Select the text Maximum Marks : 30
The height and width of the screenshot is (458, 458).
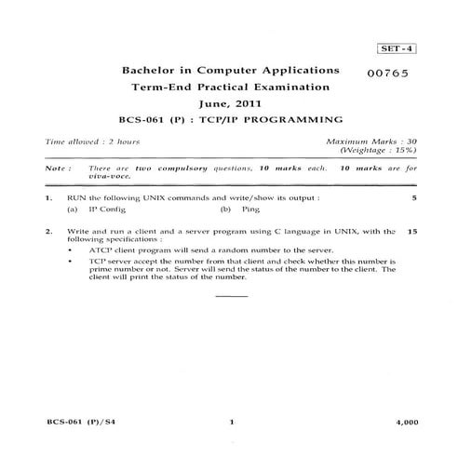point(370,141)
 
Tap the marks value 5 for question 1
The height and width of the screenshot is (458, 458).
point(413,199)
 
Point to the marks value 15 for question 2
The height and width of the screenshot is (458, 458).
point(411,231)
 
